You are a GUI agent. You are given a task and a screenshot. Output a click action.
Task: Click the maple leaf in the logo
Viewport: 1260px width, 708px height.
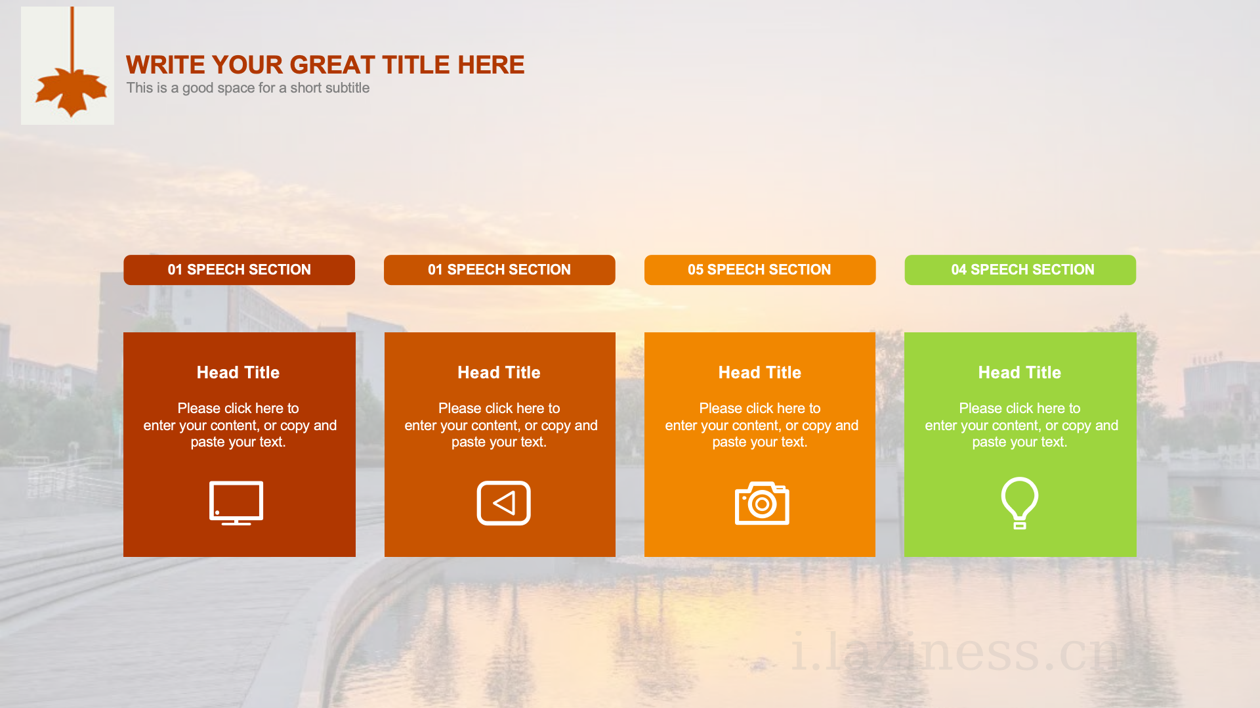tap(71, 91)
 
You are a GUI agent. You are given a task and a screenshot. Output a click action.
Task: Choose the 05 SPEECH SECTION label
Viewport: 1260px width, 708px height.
tap(759, 270)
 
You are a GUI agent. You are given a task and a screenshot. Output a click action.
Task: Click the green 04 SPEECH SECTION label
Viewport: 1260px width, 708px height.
tap(1020, 270)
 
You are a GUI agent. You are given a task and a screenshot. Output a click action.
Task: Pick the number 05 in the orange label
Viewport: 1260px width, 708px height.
tap(696, 270)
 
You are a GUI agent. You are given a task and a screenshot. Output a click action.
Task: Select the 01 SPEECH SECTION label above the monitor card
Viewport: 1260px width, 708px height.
tap(239, 270)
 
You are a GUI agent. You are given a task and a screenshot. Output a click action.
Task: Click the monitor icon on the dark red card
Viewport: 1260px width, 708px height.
tap(236, 503)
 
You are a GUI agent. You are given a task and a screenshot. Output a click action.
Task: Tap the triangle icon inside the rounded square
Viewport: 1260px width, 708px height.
tap(504, 504)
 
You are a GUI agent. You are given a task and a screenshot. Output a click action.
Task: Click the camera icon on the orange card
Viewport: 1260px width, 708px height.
tap(762, 503)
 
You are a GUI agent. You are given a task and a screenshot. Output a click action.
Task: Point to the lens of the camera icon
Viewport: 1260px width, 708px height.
tap(762, 504)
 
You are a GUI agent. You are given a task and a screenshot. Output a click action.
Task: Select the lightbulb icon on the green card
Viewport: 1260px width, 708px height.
tap(1020, 503)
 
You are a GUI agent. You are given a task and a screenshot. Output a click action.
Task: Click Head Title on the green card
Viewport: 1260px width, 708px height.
tap(1020, 372)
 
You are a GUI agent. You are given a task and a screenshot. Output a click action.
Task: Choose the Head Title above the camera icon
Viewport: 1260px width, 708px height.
tap(760, 372)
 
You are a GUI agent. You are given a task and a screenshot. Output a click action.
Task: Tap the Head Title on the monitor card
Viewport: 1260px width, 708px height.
tap(238, 372)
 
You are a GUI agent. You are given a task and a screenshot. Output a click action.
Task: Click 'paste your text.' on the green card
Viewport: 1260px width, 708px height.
tap(1020, 442)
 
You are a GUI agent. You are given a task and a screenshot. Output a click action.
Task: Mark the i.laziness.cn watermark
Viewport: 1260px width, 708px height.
tap(955, 652)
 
